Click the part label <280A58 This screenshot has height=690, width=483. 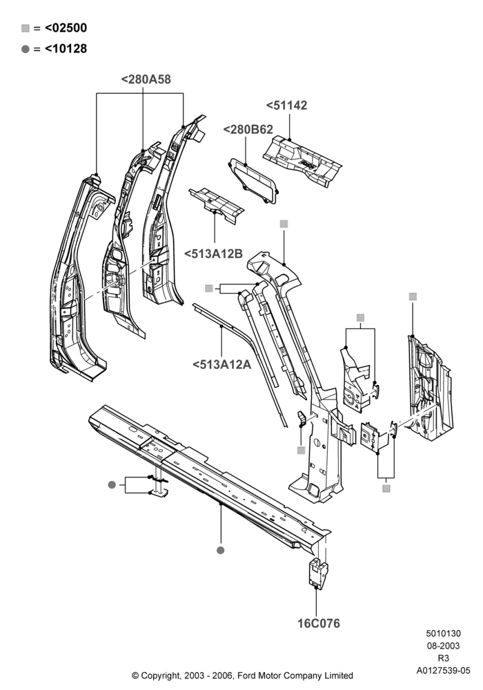[146, 79]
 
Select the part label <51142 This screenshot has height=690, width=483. [286, 106]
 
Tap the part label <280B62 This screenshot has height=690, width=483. [248, 130]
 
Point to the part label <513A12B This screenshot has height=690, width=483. [213, 254]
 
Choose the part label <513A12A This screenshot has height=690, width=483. [221, 364]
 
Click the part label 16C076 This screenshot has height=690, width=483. [319, 624]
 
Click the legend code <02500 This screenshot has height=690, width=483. [66, 28]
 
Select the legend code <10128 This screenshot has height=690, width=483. [66, 49]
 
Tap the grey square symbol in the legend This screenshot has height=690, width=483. [26, 28]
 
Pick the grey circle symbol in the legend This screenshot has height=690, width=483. [26, 49]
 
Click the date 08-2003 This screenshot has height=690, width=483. [444, 646]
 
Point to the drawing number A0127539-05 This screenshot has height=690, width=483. [444, 671]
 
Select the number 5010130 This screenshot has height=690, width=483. [444, 633]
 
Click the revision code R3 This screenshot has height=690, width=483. [444, 658]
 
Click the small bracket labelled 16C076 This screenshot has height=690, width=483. [317, 573]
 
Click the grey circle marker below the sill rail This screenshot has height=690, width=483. [221, 550]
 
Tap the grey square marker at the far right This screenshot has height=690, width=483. [413, 297]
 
